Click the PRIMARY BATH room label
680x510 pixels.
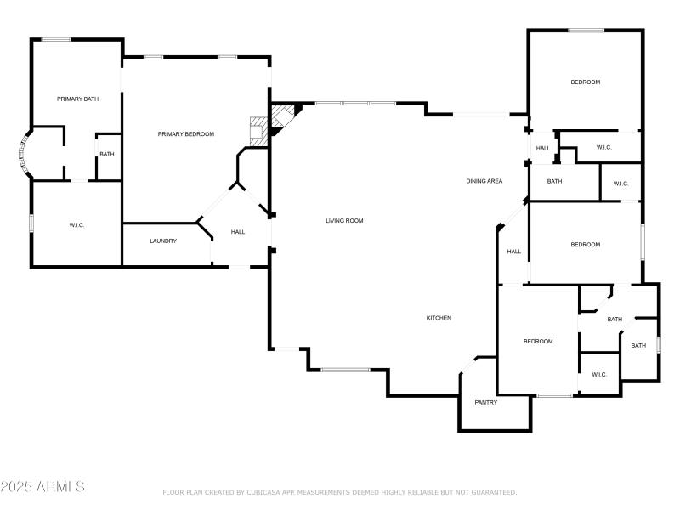pyautogui.click(x=77, y=99)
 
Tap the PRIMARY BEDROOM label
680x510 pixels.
pyautogui.click(x=185, y=134)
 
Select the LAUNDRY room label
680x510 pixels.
pyautogui.click(x=163, y=241)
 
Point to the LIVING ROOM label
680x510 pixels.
pyautogui.click(x=344, y=221)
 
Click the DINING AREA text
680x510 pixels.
pyautogui.click(x=484, y=181)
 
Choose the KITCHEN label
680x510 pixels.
pyautogui.click(x=439, y=318)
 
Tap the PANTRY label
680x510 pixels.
pyautogui.click(x=486, y=403)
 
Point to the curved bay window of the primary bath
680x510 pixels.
pyautogui.click(x=23, y=155)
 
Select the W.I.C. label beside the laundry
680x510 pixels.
pyautogui.click(x=76, y=225)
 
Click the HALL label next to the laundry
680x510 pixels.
pyautogui.click(x=238, y=232)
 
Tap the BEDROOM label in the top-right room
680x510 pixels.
pyautogui.click(x=585, y=82)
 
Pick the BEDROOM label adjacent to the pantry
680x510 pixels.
pyautogui.click(x=538, y=342)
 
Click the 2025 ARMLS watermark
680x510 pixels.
pyautogui.click(x=42, y=487)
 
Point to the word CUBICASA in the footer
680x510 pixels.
pyautogui.click(x=268, y=492)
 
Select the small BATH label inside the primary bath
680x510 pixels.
pyautogui.click(x=106, y=155)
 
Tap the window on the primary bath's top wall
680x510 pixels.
pyautogui.click(x=56, y=39)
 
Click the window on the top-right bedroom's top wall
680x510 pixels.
pyautogui.click(x=586, y=31)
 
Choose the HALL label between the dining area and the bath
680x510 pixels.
pyautogui.click(x=543, y=148)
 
